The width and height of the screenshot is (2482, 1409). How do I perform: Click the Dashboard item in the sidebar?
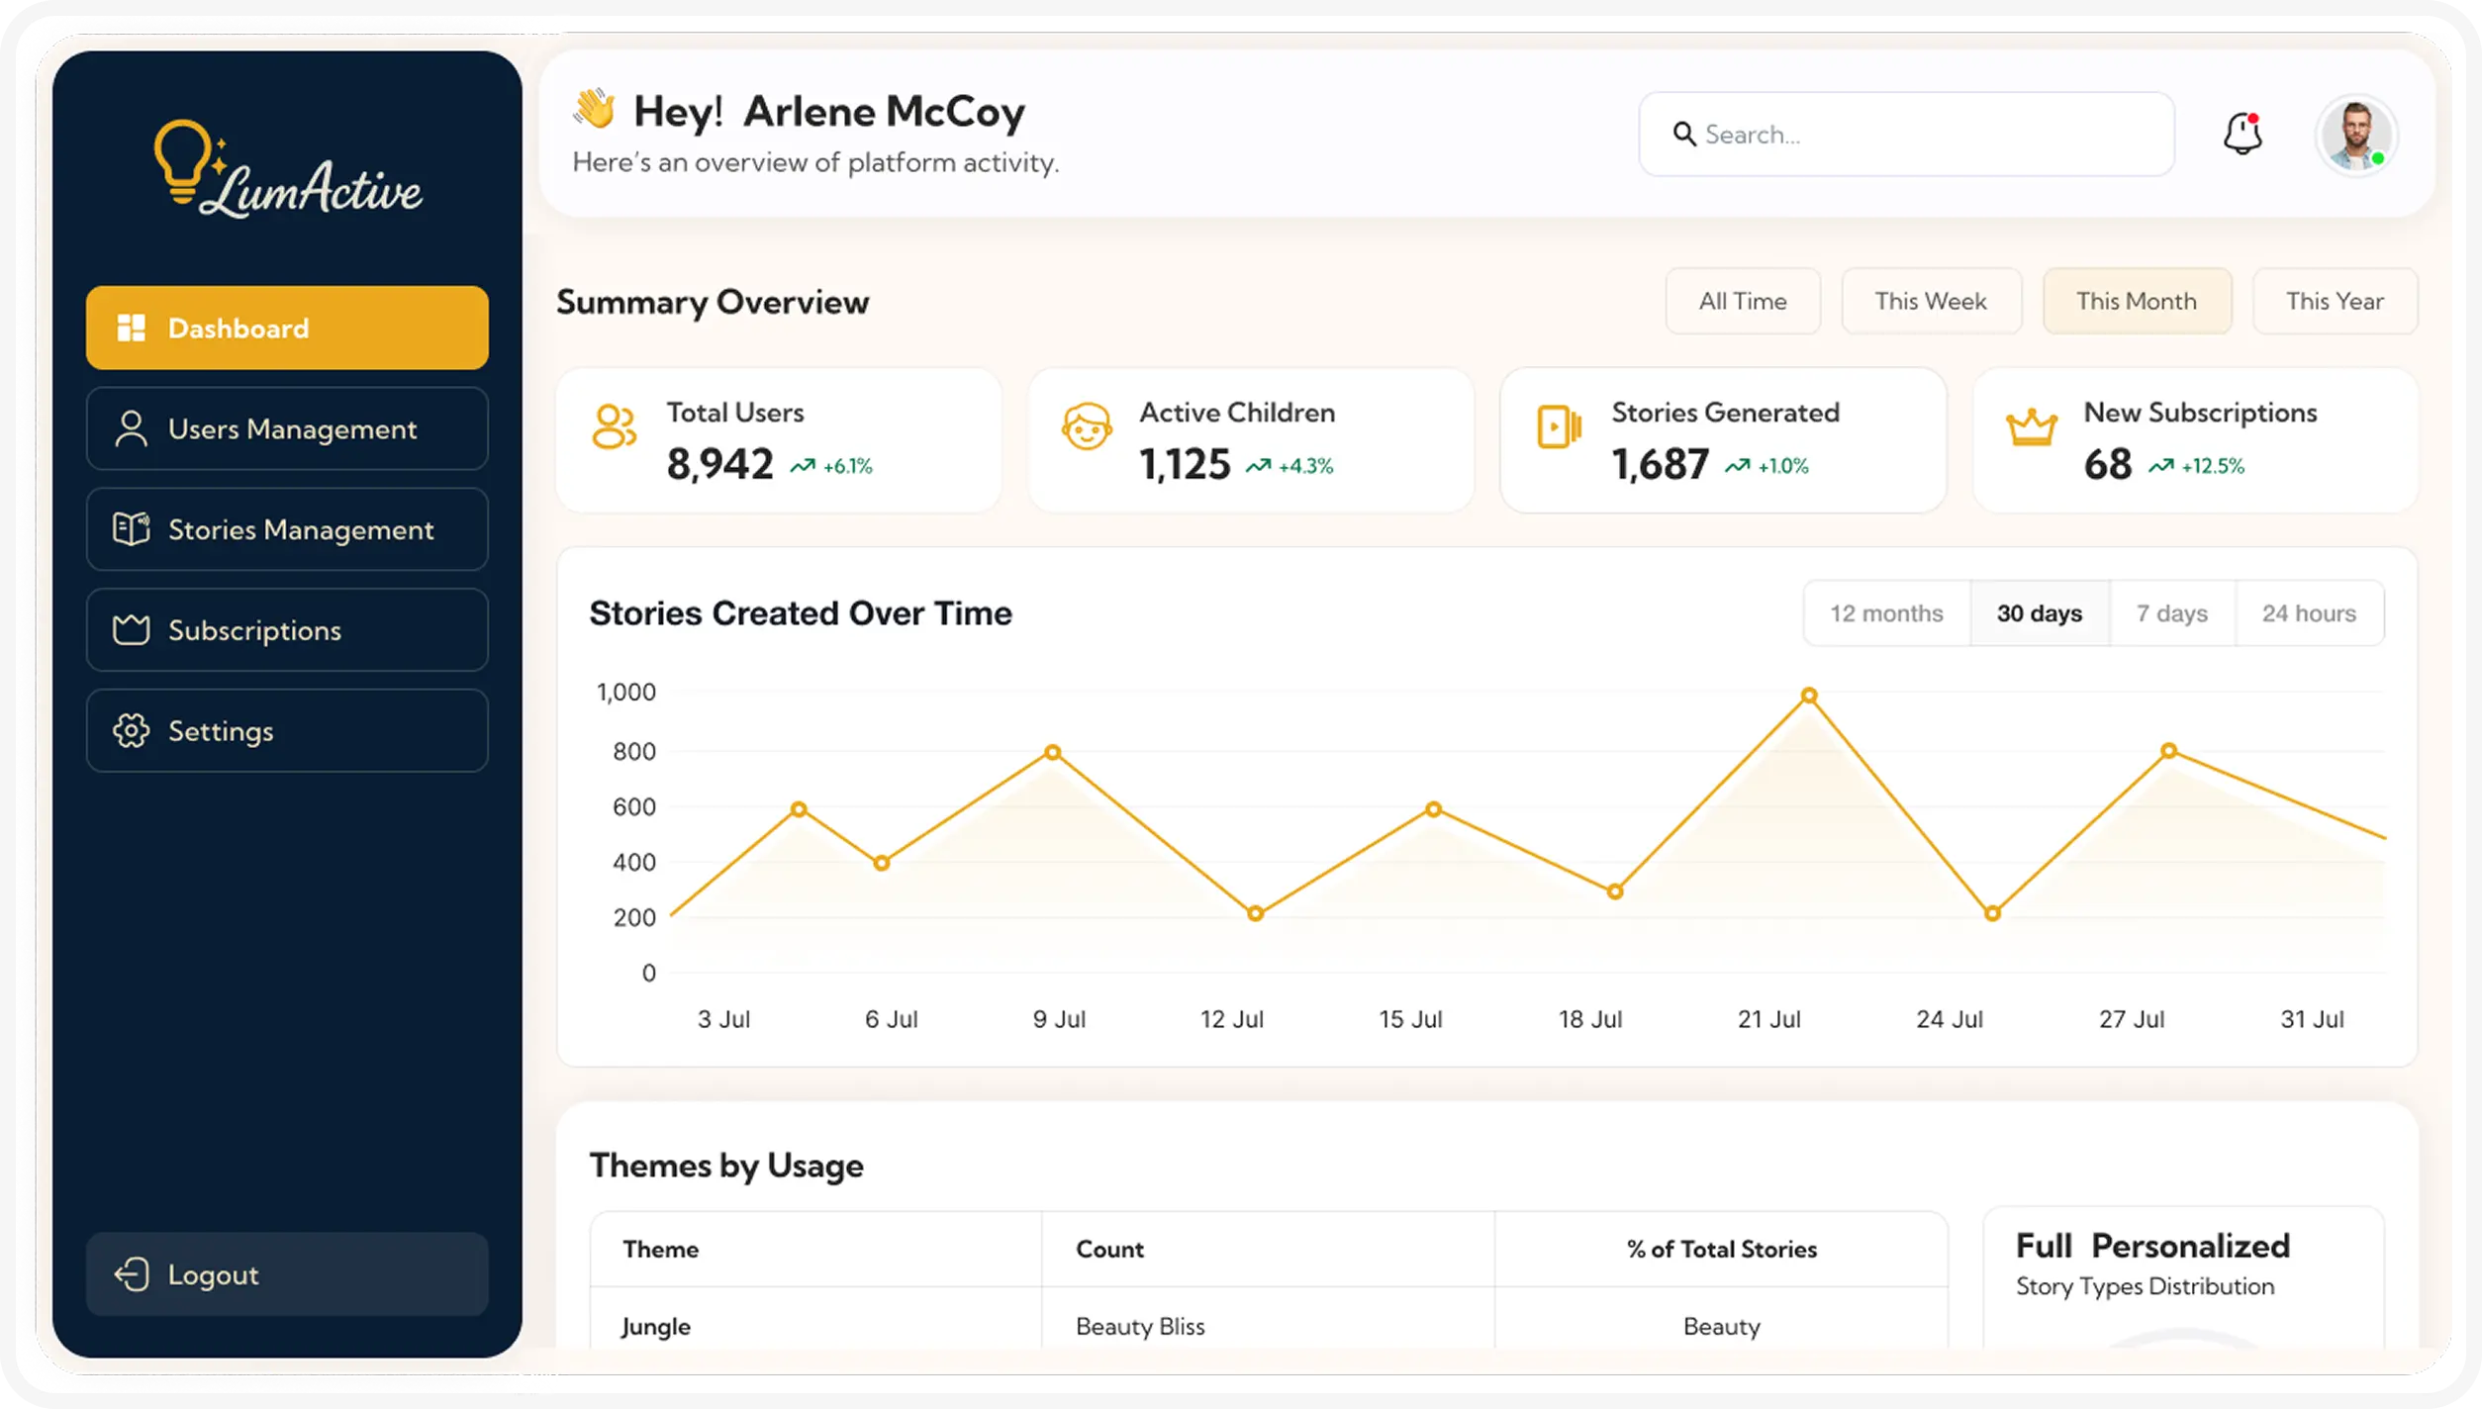tap(287, 328)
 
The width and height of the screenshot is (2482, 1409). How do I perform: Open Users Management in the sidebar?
tap(287, 428)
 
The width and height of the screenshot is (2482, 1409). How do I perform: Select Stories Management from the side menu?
tap(287, 529)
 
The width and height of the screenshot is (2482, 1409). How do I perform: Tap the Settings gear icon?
tap(131, 731)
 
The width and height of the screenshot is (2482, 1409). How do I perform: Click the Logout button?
tap(287, 1274)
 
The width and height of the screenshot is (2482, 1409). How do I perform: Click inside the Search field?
tap(1906, 135)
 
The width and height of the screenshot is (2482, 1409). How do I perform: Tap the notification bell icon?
tap(2243, 134)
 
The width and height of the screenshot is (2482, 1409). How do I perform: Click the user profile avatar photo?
tap(2355, 135)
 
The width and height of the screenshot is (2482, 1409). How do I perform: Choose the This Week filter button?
tap(1931, 301)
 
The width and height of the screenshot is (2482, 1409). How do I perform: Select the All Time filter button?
tap(1743, 301)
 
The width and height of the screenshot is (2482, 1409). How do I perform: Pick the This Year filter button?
tap(2335, 301)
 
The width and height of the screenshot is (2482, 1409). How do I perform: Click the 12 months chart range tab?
tap(1886, 613)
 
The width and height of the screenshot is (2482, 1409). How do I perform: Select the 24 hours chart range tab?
tap(2309, 613)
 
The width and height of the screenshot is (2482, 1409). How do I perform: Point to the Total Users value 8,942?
tap(719, 464)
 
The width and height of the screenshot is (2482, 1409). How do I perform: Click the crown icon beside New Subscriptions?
tap(2031, 428)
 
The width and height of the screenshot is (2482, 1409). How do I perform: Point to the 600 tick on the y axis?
tap(634, 807)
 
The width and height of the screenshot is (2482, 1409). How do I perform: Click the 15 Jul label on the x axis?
tap(1410, 1019)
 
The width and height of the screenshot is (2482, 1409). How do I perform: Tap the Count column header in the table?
tap(1109, 1249)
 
